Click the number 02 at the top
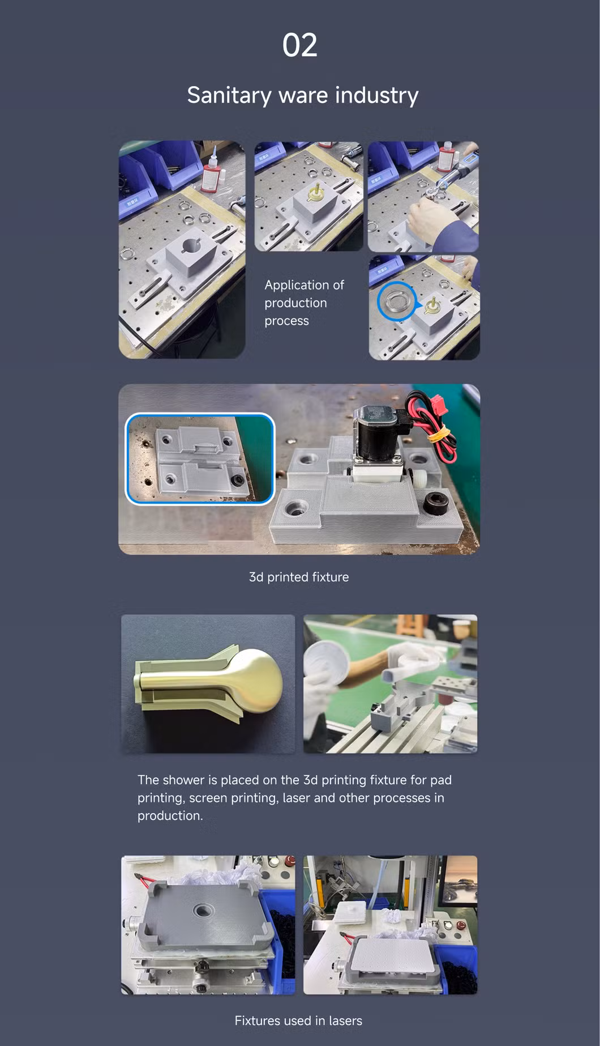tap(300, 45)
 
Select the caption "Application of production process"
tap(305, 303)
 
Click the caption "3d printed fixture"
tap(299, 577)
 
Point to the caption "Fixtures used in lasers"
tap(298, 1021)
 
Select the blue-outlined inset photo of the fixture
tap(200, 458)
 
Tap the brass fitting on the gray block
tap(314, 193)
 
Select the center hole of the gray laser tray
tap(203, 911)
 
